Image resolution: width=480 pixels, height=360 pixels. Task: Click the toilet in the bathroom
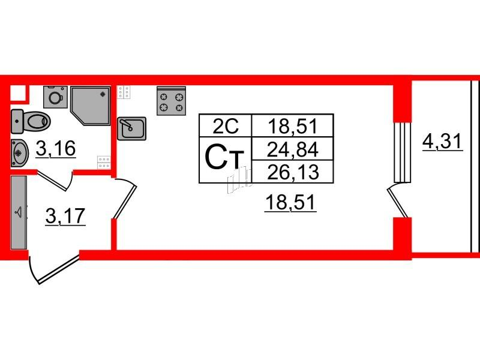[x=31, y=122]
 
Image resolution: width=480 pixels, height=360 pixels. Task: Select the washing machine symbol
[x=55, y=97]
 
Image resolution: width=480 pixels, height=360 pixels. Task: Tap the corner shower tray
[x=91, y=106]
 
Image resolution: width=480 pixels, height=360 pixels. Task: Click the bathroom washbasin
[x=20, y=154]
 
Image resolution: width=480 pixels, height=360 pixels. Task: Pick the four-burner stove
[x=171, y=101]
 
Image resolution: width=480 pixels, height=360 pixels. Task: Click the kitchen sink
[x=131, y=128]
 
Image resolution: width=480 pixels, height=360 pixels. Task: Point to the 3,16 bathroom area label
[x=55, y=149]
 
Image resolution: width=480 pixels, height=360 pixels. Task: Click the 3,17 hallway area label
[x=65, y=216]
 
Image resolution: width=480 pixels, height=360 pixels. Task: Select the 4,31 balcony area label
[x=442, y=142]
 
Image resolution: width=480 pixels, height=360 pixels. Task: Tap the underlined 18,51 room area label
[x=290, y=203]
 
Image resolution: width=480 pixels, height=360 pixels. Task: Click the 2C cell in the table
[x=226, y=125]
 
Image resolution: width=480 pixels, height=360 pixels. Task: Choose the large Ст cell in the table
[x=226, y=160]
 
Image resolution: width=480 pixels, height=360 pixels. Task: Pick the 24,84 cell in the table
[x=292, y=148]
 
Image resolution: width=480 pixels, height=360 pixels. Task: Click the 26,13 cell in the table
[x=292, y=172]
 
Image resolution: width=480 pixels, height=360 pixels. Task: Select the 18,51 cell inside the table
[x=292, y=125]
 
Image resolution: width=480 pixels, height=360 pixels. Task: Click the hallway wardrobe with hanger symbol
[x=19, y=212]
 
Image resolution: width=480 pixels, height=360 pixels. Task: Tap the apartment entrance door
[x=53, y=267]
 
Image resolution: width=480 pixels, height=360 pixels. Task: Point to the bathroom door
[x=55, y=181]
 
